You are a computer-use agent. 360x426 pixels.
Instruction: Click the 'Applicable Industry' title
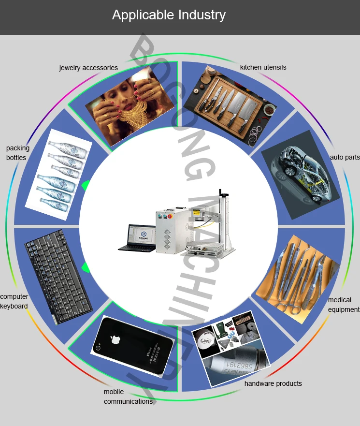(x=169, y=15)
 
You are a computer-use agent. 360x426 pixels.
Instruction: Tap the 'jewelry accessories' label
(x=88, y=68)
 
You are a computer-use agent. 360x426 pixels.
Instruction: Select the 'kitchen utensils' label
(x=263, y=67)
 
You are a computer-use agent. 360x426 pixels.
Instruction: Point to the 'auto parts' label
(x=345, y=157)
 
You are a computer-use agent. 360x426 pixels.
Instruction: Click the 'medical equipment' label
(x=344, y=305)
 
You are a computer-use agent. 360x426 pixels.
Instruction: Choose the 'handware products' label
(x=273, y=383)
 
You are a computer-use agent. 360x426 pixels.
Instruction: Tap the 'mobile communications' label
(x=128, y=397)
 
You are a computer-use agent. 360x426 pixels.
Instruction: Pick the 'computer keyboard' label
(x=14, y=301)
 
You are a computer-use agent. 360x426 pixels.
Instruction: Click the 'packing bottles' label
(x=17, y=153)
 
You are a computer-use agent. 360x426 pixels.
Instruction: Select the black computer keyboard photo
(x=58, y=277)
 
